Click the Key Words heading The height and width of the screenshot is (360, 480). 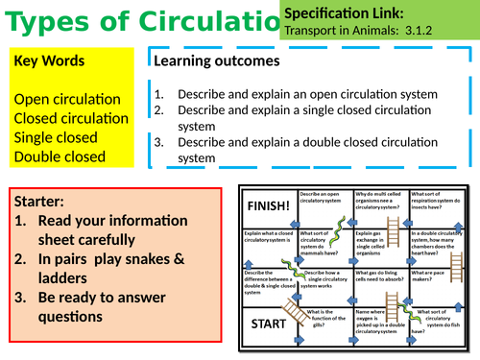(x=49, y=60)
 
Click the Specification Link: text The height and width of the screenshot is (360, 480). (x=343, y=12)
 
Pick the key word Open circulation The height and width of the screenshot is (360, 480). (x=67, y=99)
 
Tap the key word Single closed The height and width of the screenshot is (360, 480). (x=56, y=137)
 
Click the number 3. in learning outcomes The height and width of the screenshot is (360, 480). (x=159, y=143)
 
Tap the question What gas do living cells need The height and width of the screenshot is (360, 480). (x=382, y=277)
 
